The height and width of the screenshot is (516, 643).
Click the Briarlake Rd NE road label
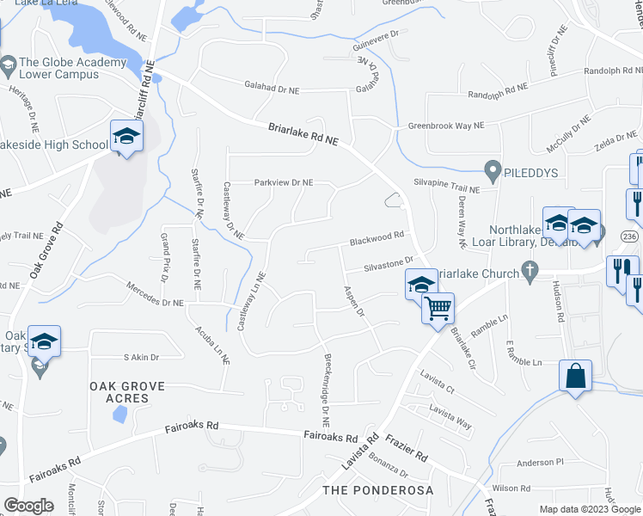coord(303,133)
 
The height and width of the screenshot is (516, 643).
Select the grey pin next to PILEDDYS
coord(493,171)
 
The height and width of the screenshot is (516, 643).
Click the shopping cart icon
coord(438,308)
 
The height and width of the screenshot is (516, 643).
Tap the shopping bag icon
coord(574,377)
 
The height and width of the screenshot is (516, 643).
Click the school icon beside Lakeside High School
coord(126,137)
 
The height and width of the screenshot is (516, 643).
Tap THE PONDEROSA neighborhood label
coord(377,490)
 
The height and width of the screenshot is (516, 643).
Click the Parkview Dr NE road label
coord(283,182)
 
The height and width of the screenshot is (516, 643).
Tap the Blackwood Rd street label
coord(377,236)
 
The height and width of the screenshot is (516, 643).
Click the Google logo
coord(28,505)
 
